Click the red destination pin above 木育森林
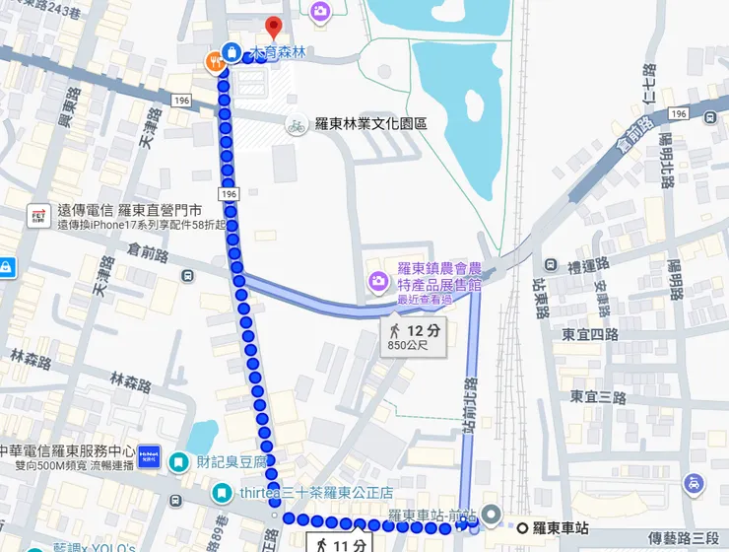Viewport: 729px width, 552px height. point(274,28)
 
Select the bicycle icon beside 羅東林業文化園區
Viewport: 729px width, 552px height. point(295,125)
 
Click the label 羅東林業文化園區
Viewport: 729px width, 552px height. point(370,125)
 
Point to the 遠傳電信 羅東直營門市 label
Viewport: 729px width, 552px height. point(130,210)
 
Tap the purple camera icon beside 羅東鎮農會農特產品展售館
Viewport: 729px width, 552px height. point(377,283)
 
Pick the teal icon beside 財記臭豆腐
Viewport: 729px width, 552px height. point(178,461)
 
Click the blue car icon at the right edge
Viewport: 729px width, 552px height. point(696,483)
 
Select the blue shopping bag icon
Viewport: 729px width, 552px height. point(231,51)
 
